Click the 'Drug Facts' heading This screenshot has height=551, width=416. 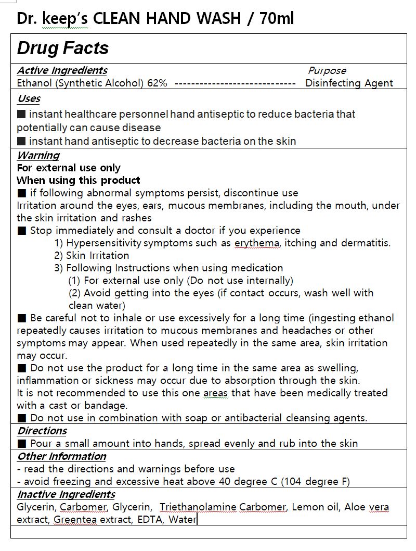[63, 48]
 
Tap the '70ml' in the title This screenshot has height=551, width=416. [277, 19]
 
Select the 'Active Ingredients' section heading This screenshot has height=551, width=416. [62, 71]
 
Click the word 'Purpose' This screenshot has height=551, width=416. [327, 71]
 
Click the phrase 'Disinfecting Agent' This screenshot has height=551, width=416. [349, 83]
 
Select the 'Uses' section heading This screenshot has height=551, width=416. [29, 99]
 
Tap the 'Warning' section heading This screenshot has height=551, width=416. [38, 155]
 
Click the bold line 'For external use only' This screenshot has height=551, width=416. [69, 168]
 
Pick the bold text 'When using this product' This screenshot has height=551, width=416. [79, 180]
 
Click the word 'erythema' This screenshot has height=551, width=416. [257, 243]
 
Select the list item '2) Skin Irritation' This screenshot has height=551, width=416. [92, 256]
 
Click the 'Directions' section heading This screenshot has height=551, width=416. [42, 431]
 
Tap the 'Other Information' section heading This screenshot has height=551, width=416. [61, 456]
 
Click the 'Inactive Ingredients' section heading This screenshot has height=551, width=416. [66, 494]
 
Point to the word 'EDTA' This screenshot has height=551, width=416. [150, 520]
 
